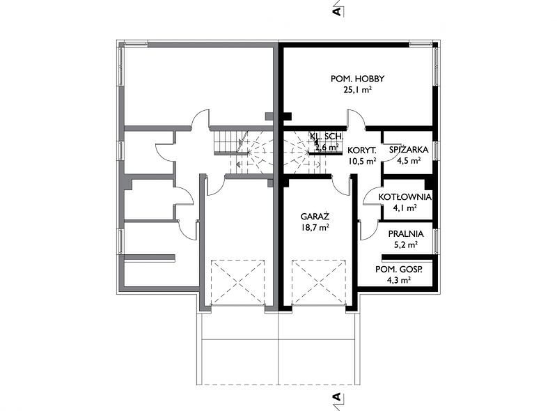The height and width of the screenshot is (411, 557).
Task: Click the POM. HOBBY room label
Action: [357, 79]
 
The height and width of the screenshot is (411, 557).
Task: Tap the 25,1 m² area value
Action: [357, 90]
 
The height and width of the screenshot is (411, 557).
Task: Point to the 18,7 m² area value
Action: [315, 228]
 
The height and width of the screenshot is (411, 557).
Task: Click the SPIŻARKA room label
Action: [409, 150]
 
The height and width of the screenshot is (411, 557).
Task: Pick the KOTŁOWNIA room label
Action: [405, 197]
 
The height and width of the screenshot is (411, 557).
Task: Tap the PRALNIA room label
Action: [406, 234]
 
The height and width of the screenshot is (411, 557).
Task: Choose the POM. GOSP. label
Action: [399, 270]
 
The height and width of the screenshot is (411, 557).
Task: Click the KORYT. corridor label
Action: [362, 150]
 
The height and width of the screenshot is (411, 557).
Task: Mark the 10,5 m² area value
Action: [362, 162]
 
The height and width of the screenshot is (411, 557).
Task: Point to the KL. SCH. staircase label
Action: [327, 136]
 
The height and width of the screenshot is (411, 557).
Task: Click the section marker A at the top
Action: [338, 11]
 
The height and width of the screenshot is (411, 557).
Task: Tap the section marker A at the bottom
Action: [338, 397]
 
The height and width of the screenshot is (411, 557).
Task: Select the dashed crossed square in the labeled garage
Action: [319, 283]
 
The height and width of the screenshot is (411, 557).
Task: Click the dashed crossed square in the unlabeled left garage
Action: [238, 283]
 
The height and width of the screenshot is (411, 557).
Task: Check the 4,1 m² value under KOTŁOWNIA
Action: [405, 208]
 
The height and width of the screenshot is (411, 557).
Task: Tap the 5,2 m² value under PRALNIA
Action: [406, 245]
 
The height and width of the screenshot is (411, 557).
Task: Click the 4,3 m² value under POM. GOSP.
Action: [399, 281]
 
